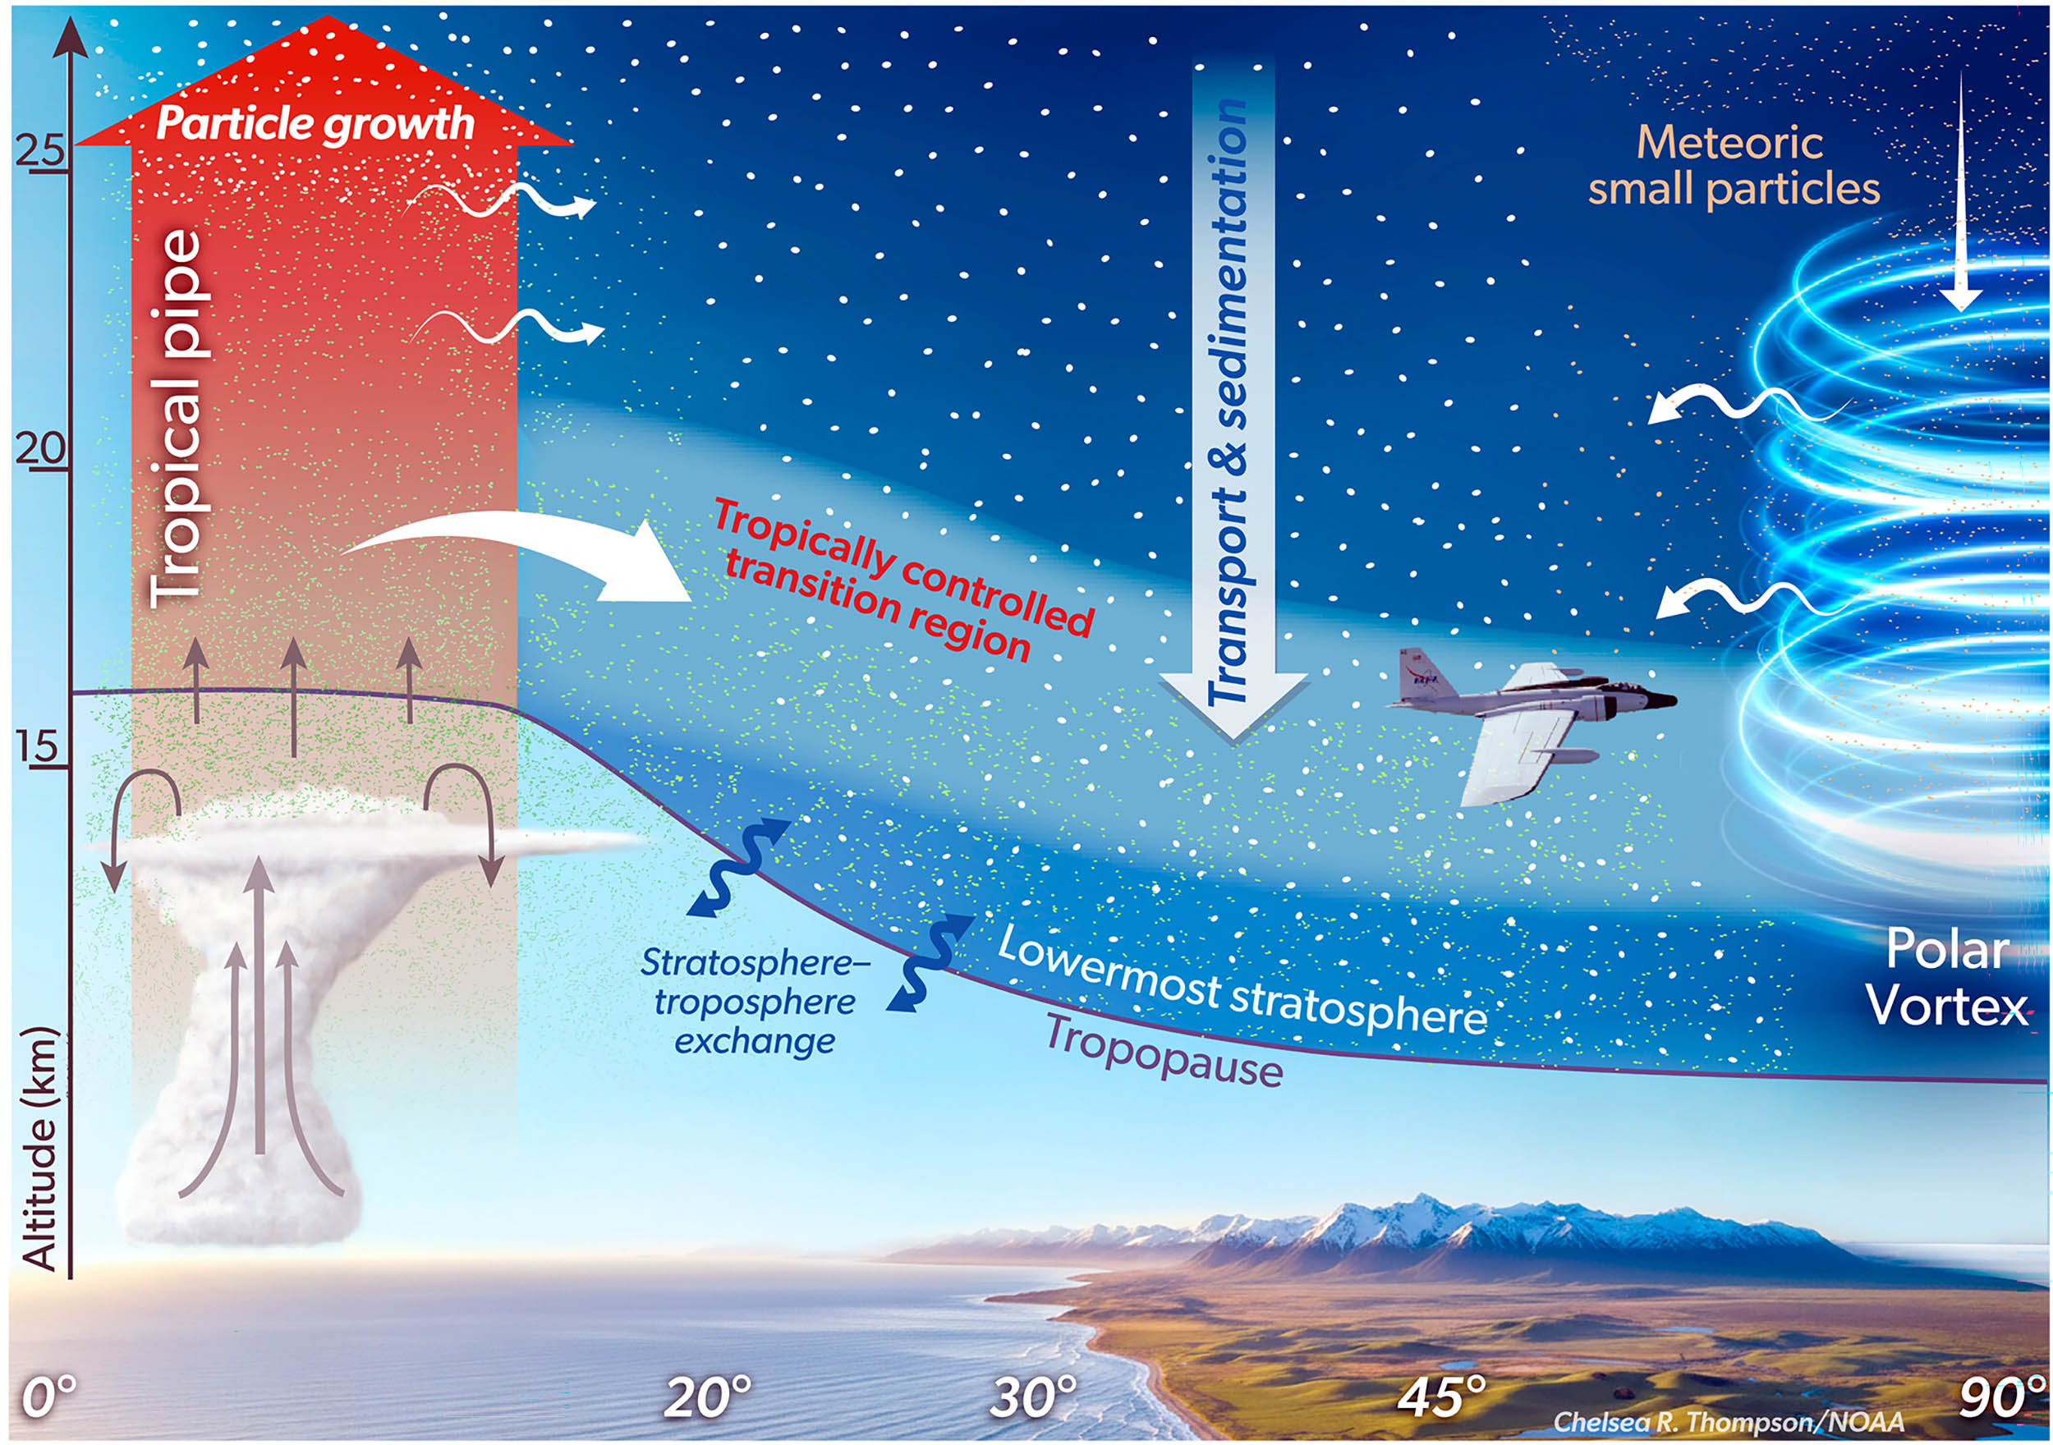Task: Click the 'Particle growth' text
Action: click(x=315, y=124)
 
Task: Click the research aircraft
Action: click(x=1531, y=724)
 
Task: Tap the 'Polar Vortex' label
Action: click(x=1948, y=976)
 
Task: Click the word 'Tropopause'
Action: click(x=1164, y=1053)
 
